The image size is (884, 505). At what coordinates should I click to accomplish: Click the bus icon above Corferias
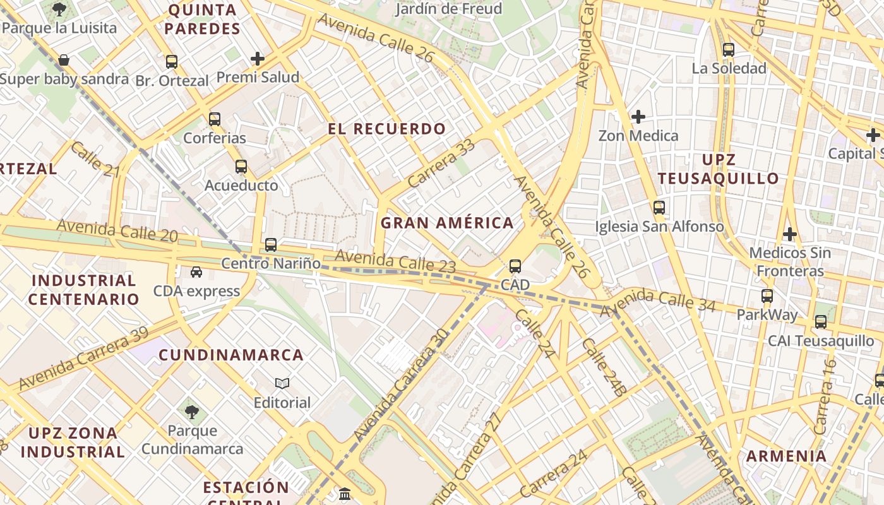(215, 119)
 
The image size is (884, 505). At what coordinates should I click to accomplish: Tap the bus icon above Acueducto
(241, 167)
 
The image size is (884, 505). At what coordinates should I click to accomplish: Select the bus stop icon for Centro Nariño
(271, 244)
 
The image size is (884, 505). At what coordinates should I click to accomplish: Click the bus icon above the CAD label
(515, 266)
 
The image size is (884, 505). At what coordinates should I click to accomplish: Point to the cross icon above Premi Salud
(258, 59)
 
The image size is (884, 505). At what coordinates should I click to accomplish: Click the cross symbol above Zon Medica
(638, 117)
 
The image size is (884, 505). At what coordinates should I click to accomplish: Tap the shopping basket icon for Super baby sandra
(64, 61)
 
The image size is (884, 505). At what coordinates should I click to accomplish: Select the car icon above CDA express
(196, 272)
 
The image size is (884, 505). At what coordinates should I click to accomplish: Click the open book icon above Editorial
(282, 383)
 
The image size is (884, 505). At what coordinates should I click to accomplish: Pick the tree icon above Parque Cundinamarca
(192, 412)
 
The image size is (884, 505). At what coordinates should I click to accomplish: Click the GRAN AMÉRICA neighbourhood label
(447, 223)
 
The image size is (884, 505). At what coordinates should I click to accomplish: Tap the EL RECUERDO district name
(386, 129)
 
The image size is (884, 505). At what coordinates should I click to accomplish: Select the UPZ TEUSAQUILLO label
(719, 169)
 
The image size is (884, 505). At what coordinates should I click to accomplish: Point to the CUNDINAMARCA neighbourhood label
(231, 355)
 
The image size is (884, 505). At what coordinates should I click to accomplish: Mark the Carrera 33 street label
(441, 163)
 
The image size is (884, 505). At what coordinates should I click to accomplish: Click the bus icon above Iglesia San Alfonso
(659, 208)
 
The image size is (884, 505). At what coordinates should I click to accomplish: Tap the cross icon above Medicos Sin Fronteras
(789, 234)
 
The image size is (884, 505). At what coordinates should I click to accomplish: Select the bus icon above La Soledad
(729, 49)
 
